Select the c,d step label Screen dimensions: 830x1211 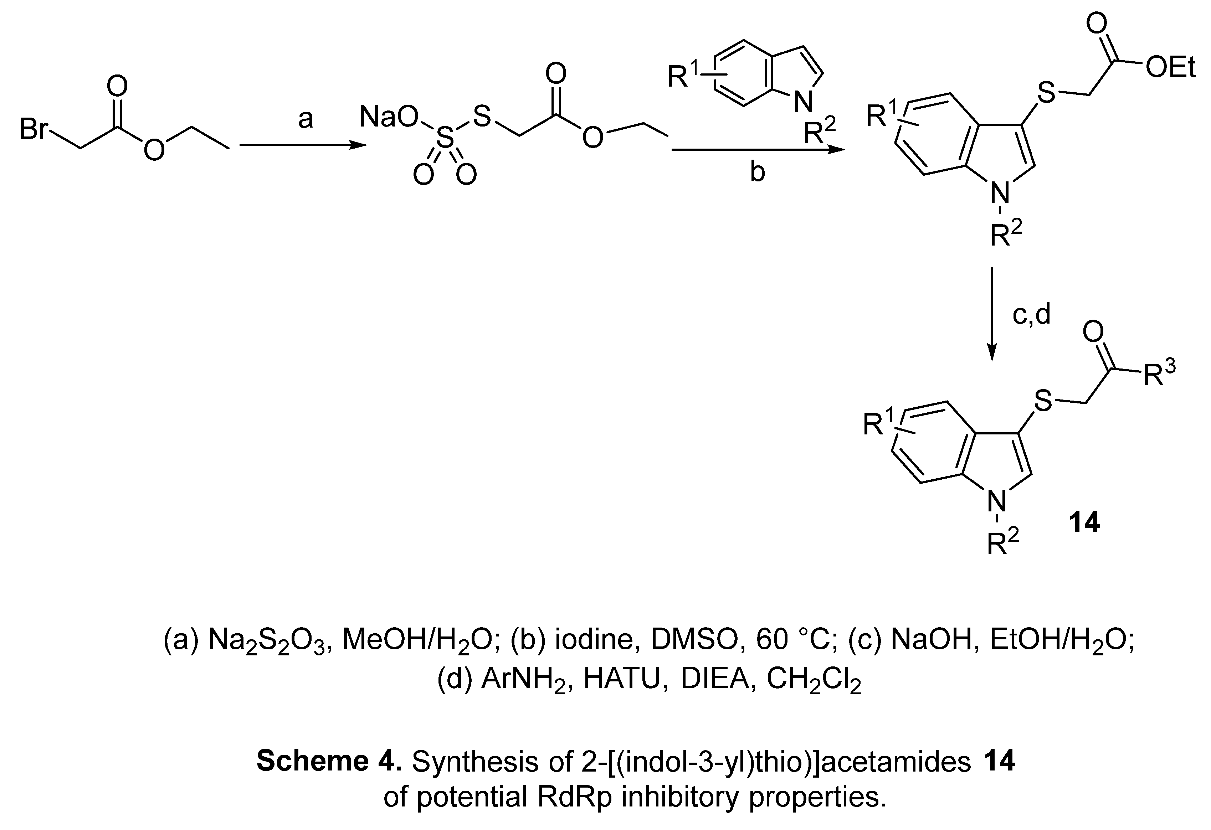[x=1031, y=314]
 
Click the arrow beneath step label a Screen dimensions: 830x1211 [x=303, y=146]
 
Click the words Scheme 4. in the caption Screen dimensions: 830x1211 [x=328, y=762]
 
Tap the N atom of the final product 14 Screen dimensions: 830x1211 [x=997, y=502]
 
